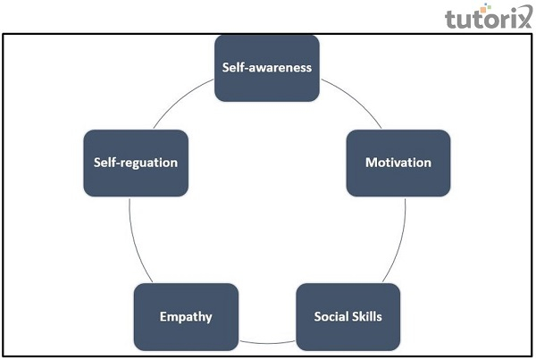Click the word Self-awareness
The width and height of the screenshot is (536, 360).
267,67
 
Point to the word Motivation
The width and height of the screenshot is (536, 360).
398,163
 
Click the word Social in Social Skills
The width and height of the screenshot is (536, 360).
331,317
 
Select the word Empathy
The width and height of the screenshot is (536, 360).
186,317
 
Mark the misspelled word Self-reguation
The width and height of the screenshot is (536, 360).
136,163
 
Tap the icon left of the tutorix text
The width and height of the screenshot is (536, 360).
455,17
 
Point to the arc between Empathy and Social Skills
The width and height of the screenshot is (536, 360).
267,342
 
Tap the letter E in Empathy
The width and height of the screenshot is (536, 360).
163,317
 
